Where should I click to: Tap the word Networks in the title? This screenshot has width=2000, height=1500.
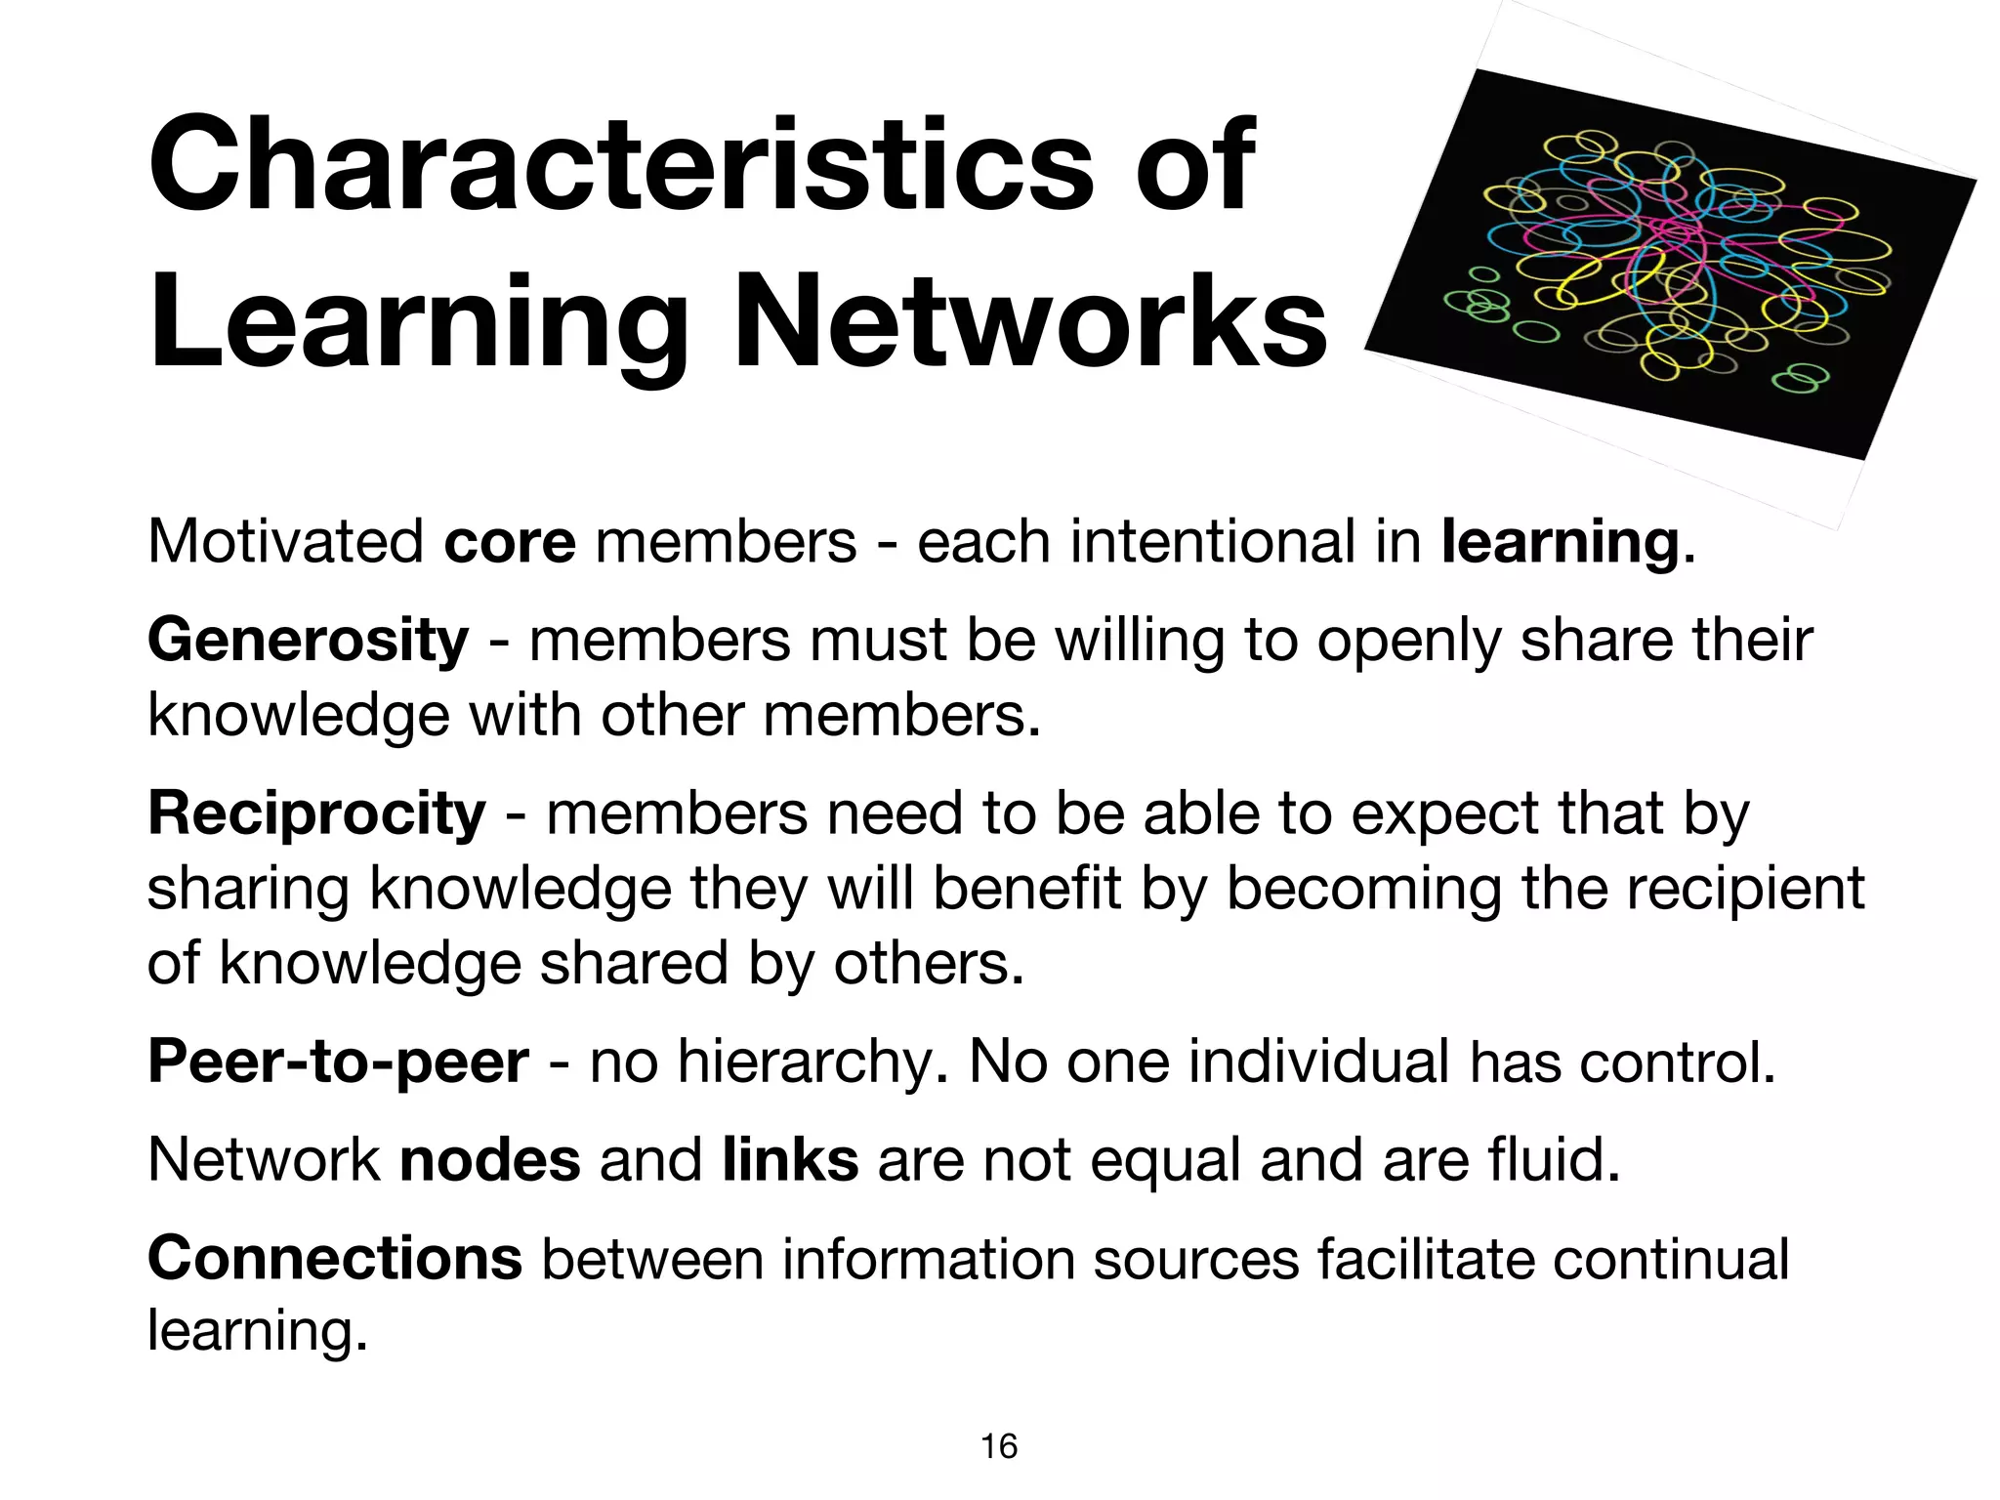[1030, 322]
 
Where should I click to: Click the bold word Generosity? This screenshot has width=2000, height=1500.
[308, 641]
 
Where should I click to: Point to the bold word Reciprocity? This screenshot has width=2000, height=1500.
[316, 813]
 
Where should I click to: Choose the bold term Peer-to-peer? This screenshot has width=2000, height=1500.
[338, 1062]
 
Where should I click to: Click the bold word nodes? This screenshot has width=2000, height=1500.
[490, 1160]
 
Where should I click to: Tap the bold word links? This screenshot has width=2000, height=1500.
[790, 1160]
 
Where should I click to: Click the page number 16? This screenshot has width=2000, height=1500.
[999, 1446]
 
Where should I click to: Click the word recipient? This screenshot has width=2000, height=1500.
[1737, 889]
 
